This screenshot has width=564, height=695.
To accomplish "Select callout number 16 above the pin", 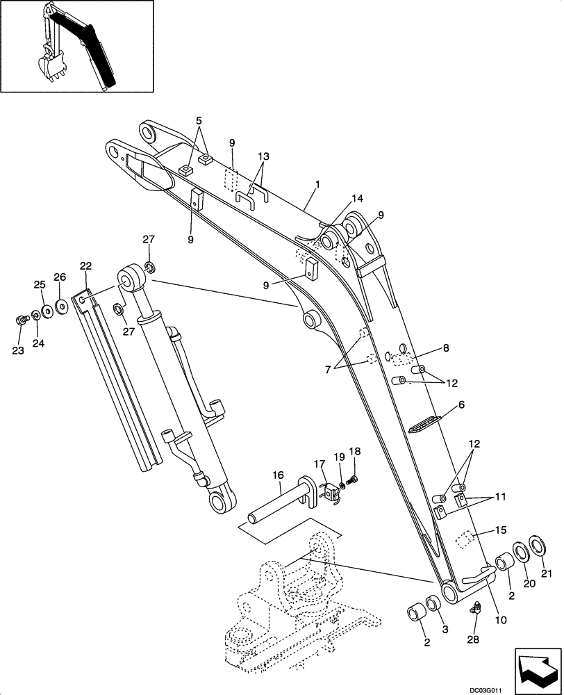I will (x=278, y=475).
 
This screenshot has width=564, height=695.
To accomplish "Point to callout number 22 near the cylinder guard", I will (x=85, y=265).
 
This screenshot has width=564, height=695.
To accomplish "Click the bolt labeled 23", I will (x=20, y=320).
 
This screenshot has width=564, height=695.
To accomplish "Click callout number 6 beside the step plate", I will (x=461, y=404).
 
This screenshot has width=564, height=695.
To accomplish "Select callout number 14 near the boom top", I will (x=357, y=198).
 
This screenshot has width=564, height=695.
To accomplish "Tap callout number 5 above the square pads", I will (x=199, y=120).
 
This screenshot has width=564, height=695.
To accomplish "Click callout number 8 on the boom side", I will (x=445, y=347).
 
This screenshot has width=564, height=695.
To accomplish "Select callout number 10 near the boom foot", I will (x=501, y=619).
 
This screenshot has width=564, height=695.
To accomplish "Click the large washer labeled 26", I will (x=61, y=305).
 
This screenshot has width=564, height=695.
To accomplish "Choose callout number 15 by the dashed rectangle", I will (x=500, y=530).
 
